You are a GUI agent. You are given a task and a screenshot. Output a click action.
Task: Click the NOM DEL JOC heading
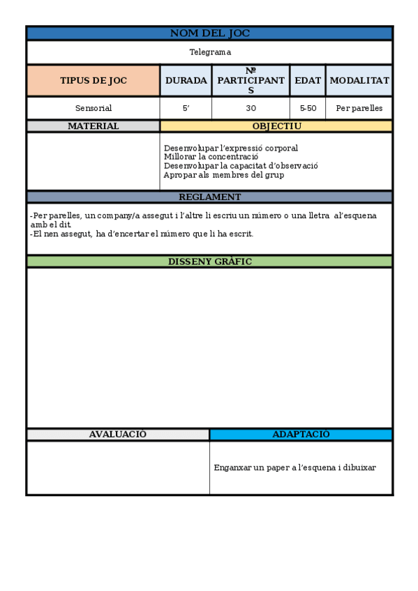click(x=209, y=33)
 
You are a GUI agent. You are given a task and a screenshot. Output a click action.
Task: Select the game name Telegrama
click(x=209, y=52)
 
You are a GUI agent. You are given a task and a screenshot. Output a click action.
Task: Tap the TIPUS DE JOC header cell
click(x=94, y=81)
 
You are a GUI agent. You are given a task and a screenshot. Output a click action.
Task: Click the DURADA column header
click(x=186, y=81)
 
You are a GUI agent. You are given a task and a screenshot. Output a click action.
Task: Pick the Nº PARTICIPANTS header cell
click(x=251, y=81)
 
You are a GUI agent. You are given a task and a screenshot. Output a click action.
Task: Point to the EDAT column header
click(x=308, y=81)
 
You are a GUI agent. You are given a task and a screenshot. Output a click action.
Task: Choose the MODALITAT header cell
click(x=359, y=81)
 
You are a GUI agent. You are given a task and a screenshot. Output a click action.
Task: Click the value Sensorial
click(x=94, y=108)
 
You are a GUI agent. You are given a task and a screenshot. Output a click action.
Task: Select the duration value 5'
click(x=186, y=108)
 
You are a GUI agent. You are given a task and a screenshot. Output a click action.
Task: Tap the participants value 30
click(x=251, y=108)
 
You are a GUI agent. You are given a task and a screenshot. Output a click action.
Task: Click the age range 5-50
click(x=308, y=108)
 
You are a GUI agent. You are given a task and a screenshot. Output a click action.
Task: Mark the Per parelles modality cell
click(x=359, y=108)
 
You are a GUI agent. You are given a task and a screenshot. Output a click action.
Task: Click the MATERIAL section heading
click(x=94, y=126)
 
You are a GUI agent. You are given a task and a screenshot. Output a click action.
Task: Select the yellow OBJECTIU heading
click(x=276, y=126)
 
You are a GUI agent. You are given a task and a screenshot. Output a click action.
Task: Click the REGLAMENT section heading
click(x=209, y=197)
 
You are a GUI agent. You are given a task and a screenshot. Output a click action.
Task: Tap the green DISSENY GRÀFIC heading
click(x=209, y=261)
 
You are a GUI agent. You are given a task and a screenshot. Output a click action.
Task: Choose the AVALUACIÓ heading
click(x=118, y=434)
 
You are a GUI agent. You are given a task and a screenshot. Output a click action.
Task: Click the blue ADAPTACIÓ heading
click(x=301, y=434)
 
